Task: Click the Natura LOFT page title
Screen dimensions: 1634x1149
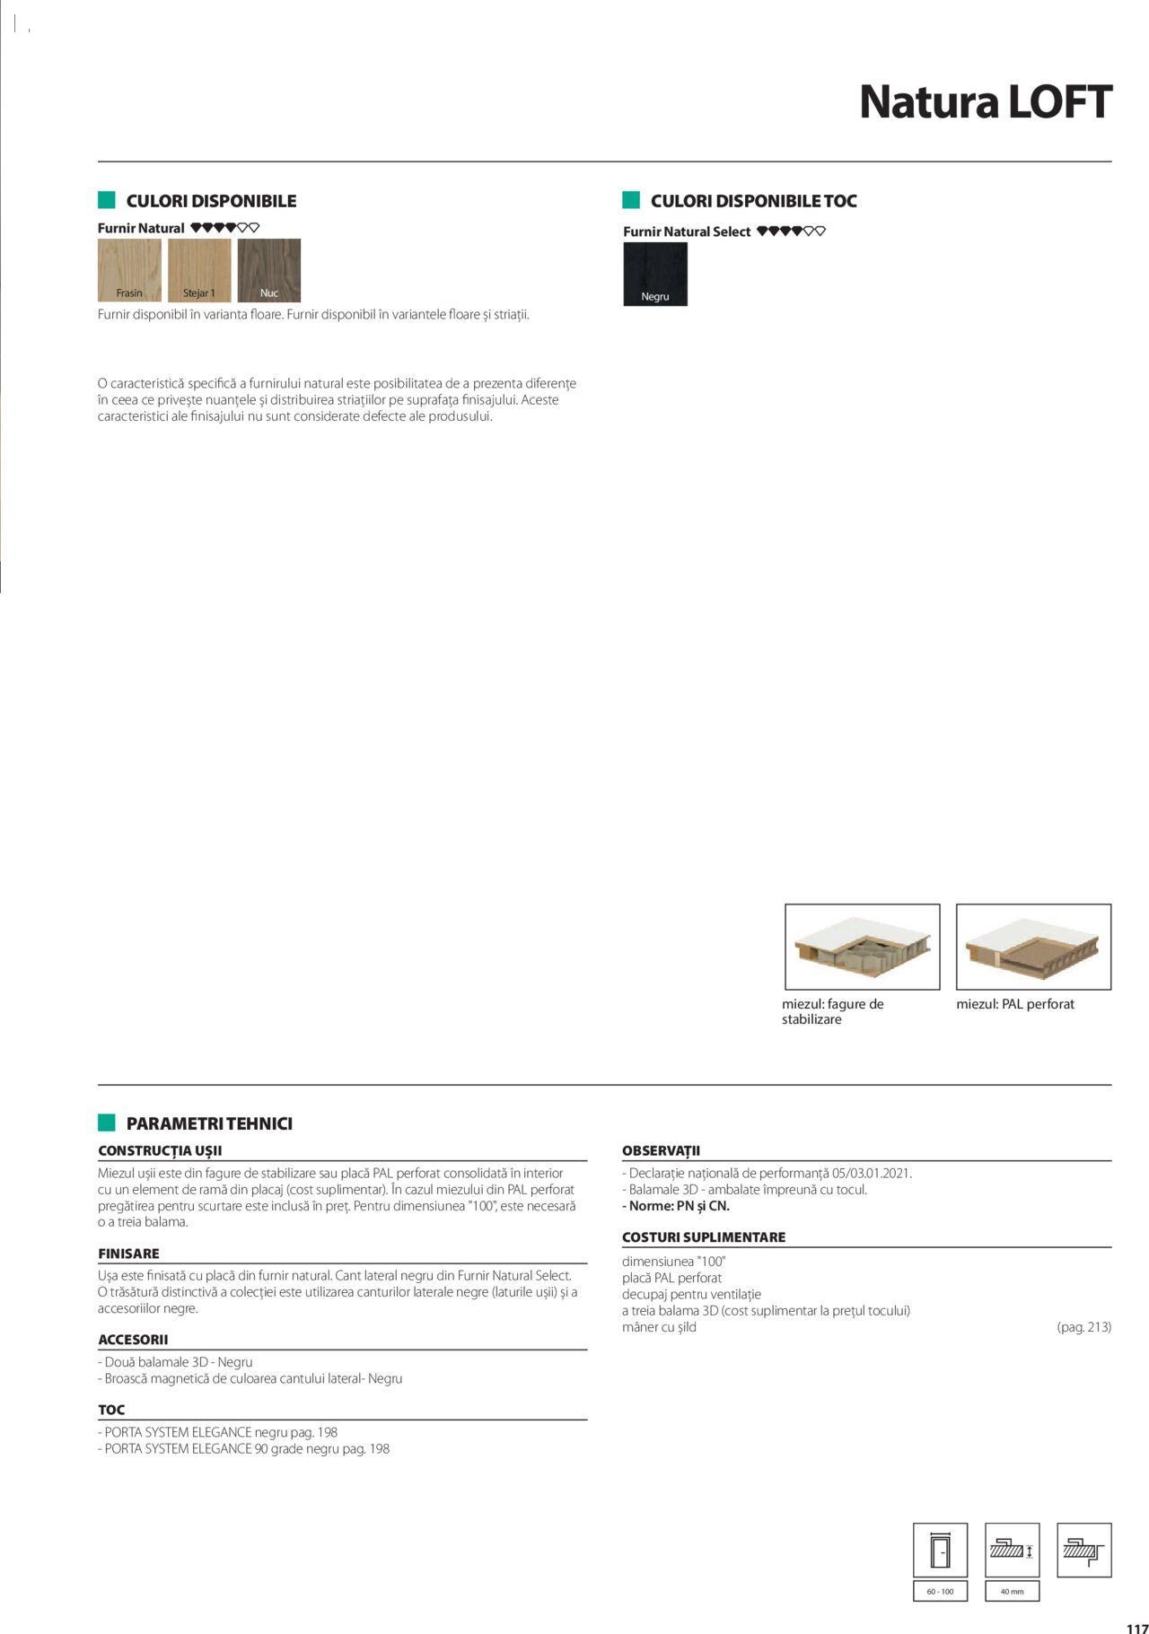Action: (985, 102)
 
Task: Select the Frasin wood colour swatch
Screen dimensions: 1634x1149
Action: (129, 270)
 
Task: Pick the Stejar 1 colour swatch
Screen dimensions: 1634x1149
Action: (199, 270)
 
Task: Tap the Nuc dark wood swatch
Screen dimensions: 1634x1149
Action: (269, 270)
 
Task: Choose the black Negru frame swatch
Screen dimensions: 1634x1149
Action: (655, 275)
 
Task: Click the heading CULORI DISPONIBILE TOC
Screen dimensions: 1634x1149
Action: (753, 201)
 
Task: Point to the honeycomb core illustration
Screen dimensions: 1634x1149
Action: (862, 947)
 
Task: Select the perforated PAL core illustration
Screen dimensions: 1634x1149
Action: (1033, 947)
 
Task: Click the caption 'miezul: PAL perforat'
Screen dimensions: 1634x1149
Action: (1015, 1004)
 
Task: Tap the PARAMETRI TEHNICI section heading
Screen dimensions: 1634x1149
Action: (209, 1123)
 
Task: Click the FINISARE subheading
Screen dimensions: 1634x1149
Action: (128, 1254)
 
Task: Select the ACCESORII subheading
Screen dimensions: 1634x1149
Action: (133, 1340)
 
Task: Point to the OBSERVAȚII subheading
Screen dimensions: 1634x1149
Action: (661, 1150)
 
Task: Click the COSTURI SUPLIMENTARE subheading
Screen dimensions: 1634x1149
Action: (704, 1236)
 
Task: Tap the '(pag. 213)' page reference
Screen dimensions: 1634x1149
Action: (1083, 1327)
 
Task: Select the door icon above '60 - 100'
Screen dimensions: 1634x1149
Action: (940, 1550)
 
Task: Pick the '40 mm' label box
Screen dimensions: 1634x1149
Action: (1012, 1591)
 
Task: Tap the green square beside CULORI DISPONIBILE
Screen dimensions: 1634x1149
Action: (107, 200)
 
